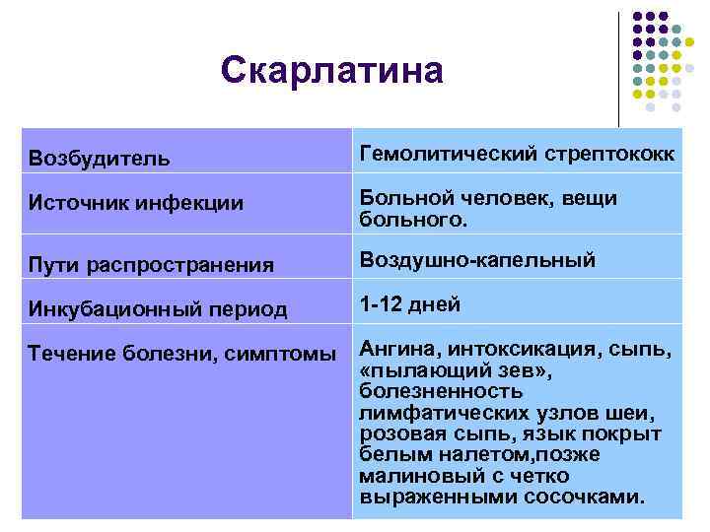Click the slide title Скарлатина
(332, 70)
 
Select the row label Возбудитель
(99, 158)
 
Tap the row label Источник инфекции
(123, 204)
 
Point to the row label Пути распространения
(150, 265)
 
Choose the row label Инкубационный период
(158, 309)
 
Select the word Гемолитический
(445, 154)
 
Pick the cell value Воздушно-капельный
(477, 260)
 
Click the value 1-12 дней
(409, 304)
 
